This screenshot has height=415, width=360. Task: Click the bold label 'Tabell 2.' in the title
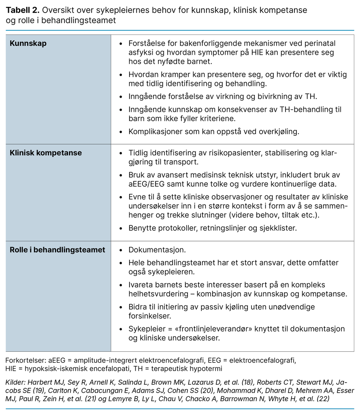(x=22, y=10)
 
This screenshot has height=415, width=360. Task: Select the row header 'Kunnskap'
(x=28, y=43)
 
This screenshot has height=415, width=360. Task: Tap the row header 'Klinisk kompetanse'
(x=46, y=153)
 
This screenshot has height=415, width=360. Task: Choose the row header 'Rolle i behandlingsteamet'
(x=57, y=250)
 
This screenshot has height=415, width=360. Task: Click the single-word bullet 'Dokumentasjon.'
(x=157, y=250)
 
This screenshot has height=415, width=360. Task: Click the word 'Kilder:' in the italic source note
(x=16, y=383)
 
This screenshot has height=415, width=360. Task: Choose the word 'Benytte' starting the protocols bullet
(x=143, y=228)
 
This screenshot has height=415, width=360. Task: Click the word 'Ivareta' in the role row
(x=141, y=285)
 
